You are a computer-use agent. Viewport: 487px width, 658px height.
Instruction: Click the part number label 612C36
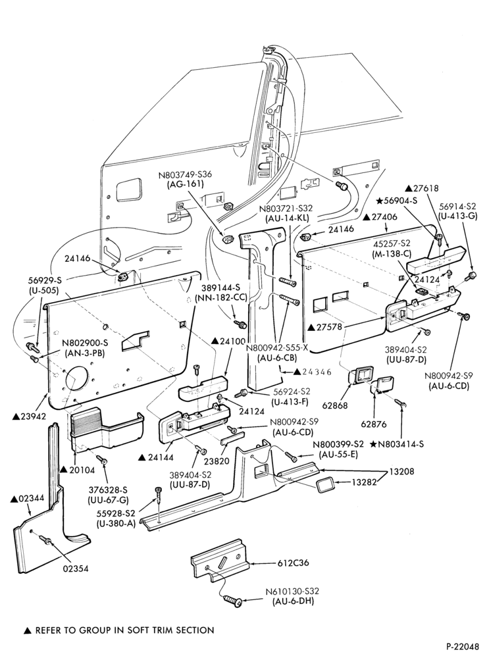point(293,563)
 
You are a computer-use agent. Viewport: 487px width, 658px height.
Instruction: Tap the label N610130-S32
point(292,592)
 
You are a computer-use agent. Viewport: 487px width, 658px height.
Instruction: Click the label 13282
point(363,482)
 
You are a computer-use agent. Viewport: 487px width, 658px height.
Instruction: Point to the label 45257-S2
point(392,243)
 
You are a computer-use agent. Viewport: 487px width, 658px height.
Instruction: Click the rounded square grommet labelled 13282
point(326,486)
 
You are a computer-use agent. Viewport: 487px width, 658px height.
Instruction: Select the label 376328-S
point(107,490)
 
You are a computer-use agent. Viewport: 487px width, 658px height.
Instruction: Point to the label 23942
point(27,416)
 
